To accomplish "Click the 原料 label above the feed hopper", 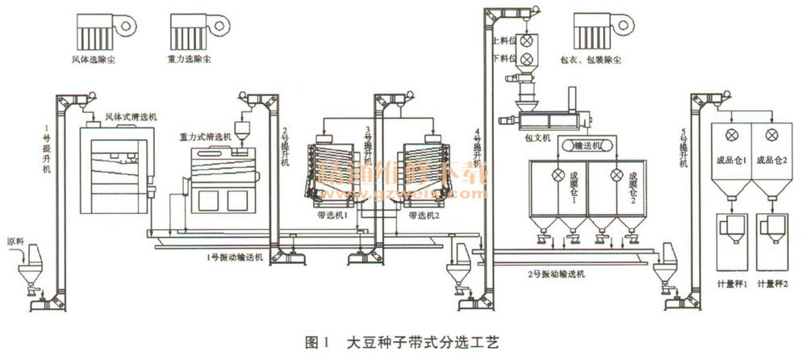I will [16, 241].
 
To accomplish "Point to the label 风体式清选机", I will [130, 118].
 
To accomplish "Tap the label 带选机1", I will [333, 216].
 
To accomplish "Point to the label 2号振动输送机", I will [557, 274].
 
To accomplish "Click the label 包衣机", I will [536, 139].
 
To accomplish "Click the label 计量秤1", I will [733, 284].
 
